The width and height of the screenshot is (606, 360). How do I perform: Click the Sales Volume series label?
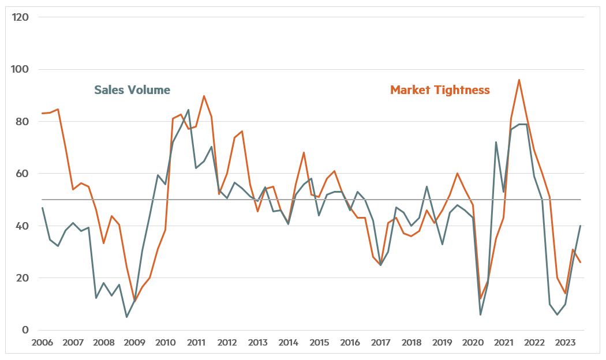(132, 90)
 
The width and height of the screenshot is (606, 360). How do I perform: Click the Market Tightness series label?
(440, 90)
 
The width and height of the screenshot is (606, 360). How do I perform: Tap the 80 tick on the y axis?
(22, 122)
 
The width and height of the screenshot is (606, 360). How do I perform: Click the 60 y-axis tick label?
(22, 174)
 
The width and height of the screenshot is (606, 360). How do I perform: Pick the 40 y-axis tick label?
(22, 226)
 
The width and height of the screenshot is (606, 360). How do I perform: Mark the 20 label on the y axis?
(22, 278)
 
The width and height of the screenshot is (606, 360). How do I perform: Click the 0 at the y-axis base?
(25, 330)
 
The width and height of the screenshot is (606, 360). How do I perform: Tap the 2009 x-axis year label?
(134, 343)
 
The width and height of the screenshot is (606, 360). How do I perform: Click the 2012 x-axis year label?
(227, 343)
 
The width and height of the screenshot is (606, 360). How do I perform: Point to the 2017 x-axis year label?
(380, 343)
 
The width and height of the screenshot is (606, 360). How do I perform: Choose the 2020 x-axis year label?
(473, 343)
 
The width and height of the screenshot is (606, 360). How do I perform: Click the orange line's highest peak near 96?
(519, 80)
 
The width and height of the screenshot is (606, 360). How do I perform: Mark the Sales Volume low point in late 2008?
(126, 317)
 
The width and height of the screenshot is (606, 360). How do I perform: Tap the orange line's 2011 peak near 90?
(204, 96)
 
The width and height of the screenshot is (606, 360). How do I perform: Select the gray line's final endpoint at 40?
(581, 226)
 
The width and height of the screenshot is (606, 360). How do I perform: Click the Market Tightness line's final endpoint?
(581, 262)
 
